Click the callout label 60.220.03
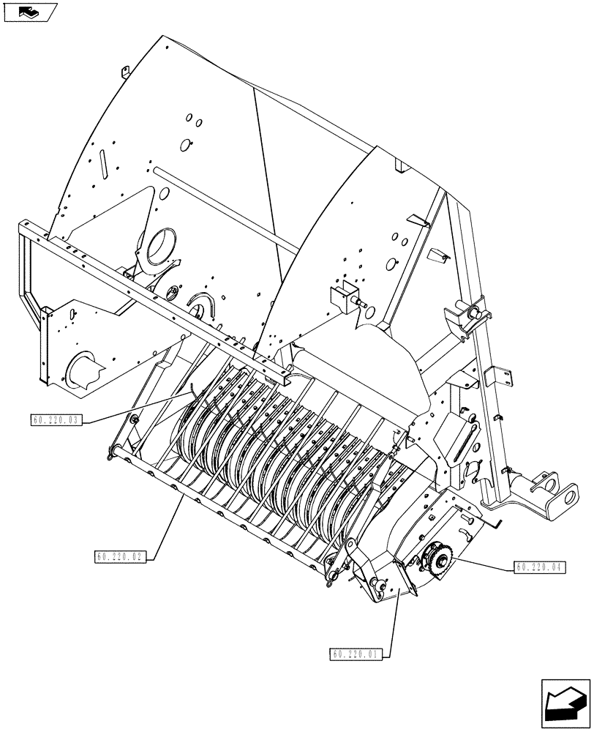56,419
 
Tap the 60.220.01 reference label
356,654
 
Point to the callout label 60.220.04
540,567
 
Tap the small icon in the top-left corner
29,12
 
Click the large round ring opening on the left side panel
162,247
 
